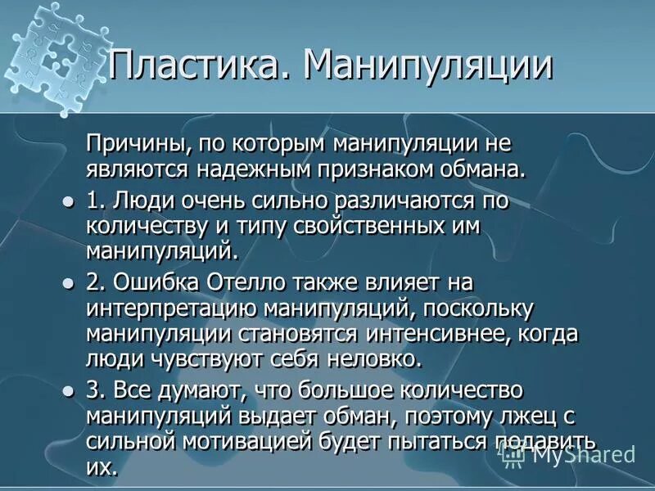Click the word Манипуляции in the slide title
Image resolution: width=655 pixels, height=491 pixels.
[x=427, y=65]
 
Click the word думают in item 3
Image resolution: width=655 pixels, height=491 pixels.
[x=185, y=390]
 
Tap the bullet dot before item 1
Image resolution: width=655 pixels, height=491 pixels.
[x=68, y=200]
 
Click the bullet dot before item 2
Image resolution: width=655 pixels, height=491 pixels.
[x=68, y=282]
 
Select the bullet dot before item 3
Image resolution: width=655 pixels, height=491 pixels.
[x=68, y=390]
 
